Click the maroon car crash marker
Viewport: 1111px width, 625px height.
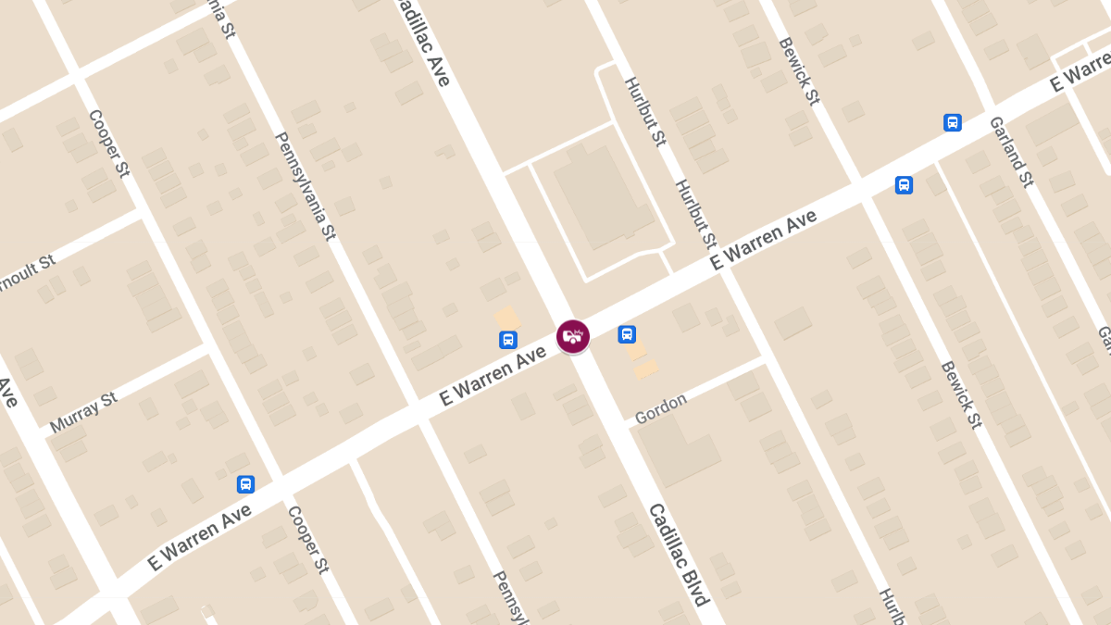[x=573, y=336]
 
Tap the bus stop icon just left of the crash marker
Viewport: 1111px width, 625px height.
[x=507, y=340]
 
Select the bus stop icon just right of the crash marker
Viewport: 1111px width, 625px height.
[x=627, y=334]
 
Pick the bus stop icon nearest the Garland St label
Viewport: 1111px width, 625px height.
[x=952, y=122]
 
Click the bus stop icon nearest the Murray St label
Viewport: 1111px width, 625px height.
[x=245, y=483]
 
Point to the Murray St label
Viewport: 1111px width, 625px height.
[x=83, y=412]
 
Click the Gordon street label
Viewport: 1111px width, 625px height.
[x=661, y=408]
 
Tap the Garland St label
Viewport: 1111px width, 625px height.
[x=1011, y=152]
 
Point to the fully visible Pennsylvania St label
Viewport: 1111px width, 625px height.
[x=305, y=186]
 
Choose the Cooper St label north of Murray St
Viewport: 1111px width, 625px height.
[x=108, y=144]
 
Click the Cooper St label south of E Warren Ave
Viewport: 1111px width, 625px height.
[x=308, y=539]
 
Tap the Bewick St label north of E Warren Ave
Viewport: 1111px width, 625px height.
[x=799, y=71]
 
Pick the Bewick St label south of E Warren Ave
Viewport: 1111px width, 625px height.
[x=961, y=394]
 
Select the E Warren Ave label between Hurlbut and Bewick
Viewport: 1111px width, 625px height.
[x=764, y=239]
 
